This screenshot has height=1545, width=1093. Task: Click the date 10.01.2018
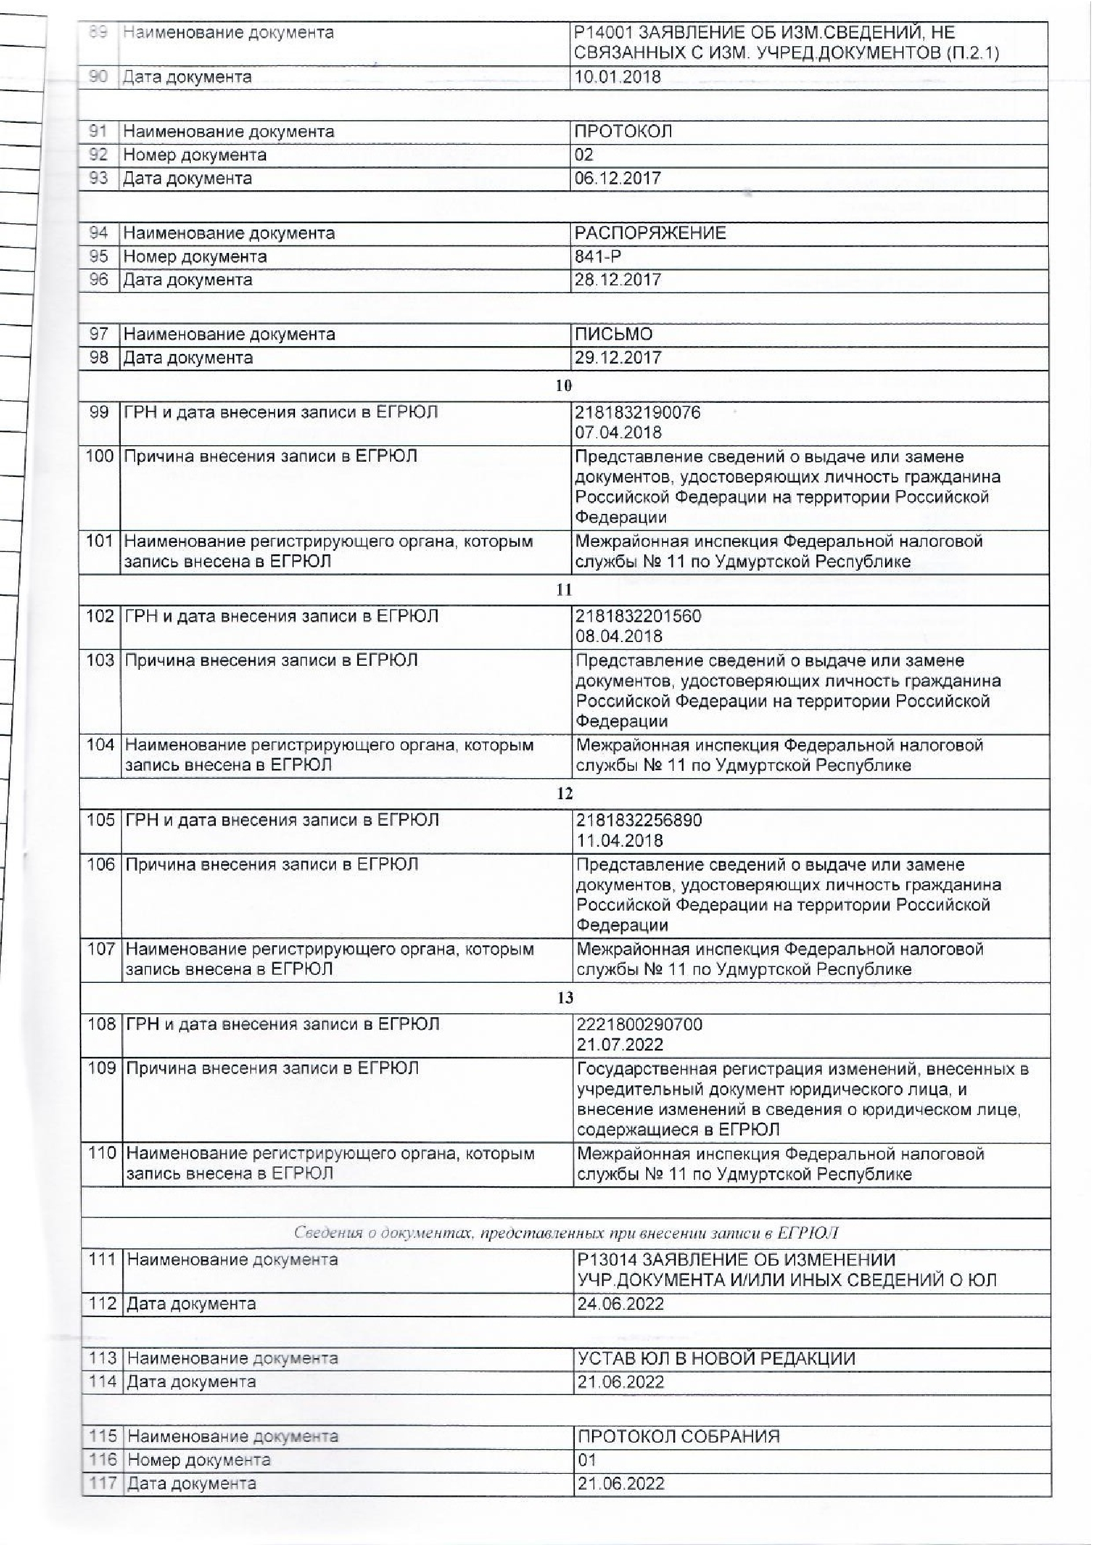point(617,77)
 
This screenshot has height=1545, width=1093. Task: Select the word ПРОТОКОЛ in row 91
point(623,131)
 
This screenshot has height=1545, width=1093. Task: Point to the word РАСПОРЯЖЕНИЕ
point(650,233)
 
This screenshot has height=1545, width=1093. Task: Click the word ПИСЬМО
point(613,334)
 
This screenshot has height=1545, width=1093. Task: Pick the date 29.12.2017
point(618,357)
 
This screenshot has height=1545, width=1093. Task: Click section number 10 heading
point(564,386)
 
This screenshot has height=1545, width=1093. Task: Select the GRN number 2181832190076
point(638,412)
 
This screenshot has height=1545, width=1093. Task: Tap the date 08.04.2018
point(619,637)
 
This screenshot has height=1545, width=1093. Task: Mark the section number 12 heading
point(565,794)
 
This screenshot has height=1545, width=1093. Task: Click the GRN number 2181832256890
point(640,820)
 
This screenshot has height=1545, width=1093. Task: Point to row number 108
point(102,1024)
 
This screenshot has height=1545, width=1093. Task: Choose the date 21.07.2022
point(620,1044)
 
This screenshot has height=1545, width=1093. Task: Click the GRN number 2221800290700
point(640,1024)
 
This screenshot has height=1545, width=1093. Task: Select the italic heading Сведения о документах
point(566,1233)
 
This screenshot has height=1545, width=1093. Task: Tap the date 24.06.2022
point(620,1304)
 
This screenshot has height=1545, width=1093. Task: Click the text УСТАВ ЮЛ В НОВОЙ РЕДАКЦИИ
point(716,1359)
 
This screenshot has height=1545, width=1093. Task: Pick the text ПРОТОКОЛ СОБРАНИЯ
point(679,1437)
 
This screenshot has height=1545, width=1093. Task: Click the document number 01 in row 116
point(587,1460)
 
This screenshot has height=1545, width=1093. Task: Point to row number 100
point(100,456)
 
